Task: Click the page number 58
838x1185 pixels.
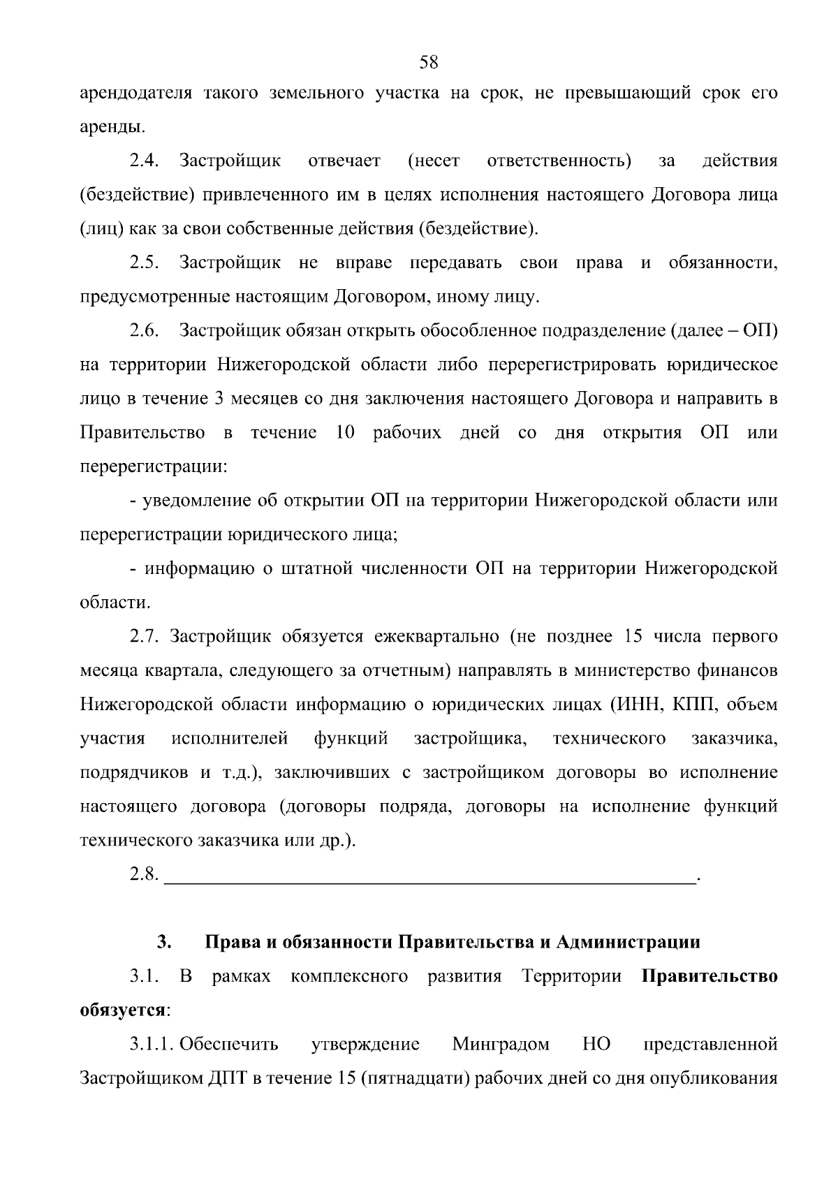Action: click(428, 62)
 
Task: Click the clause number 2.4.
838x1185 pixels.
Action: click(145, 161)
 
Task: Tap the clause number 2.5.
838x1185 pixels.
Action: click(145, 263)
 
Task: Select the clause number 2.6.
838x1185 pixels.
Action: click(145, 331)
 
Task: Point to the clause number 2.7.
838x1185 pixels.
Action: click(145, 637)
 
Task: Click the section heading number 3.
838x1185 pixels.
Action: click(164, 943)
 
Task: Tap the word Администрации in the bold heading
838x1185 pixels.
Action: click(628, 943)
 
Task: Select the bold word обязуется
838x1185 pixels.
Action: click(123, 1010)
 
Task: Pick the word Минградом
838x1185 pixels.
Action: click(501, 1045)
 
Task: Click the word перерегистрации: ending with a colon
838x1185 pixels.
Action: click(154, 466)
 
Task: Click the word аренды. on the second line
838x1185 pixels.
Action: click(113, 127)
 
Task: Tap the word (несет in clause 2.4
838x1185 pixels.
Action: click(434, 161)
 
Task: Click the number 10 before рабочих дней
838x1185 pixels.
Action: click(346, 433)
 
